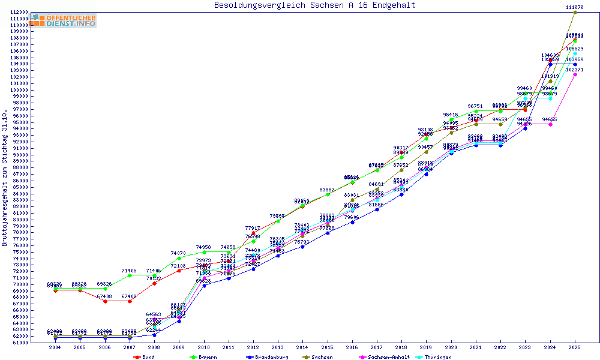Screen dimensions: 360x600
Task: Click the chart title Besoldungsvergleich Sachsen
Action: [x=314, y=5]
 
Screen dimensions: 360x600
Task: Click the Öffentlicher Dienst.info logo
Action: [x=64, y=20]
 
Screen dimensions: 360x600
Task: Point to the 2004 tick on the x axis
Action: [x=55, y=347]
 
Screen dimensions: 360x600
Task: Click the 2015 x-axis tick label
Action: [x=328, y=347]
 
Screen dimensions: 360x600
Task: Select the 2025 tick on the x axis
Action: [x=575, y=347]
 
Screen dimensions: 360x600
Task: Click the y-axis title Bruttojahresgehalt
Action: [x=5, y=178]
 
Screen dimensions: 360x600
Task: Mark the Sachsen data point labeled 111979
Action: [x=575, y=12]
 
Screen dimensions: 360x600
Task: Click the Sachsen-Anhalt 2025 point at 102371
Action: [x=575, y=75]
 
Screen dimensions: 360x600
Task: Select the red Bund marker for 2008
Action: [x=154, y=283]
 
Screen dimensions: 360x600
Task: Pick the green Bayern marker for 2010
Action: [x=204, y=253]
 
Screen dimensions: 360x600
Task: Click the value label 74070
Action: [x=178, y=253]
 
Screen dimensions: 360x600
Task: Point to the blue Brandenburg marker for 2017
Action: [x=377, y=209]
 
